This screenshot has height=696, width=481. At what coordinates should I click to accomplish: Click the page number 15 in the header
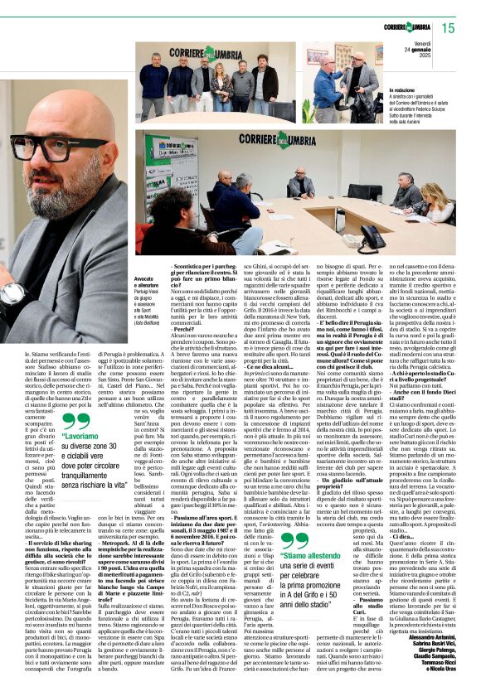tap(449, 28)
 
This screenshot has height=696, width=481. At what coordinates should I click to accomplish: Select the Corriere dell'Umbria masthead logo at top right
tap(406, 28)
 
